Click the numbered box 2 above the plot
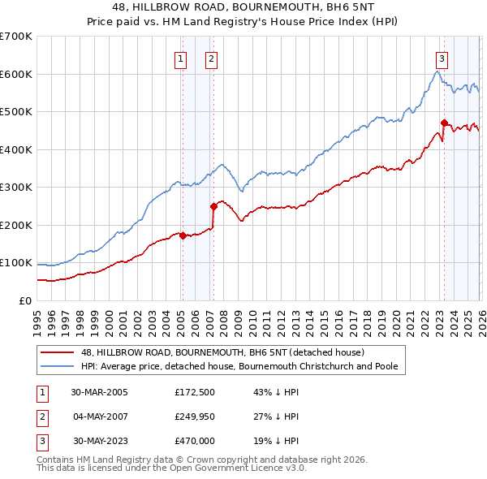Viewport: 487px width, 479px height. pos(210,58)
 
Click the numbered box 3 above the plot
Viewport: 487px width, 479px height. pos(442,58)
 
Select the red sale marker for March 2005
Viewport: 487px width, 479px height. pos(183,236)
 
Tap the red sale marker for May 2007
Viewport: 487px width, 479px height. pos(213,206)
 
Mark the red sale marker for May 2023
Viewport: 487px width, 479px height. pos(444,123)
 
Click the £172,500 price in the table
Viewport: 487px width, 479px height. pos(196,391)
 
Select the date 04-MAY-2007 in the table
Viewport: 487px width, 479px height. pos(99,416)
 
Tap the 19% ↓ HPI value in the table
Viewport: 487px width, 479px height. pos(276,442)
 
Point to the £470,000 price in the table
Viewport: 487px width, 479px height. pos(196,442)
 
